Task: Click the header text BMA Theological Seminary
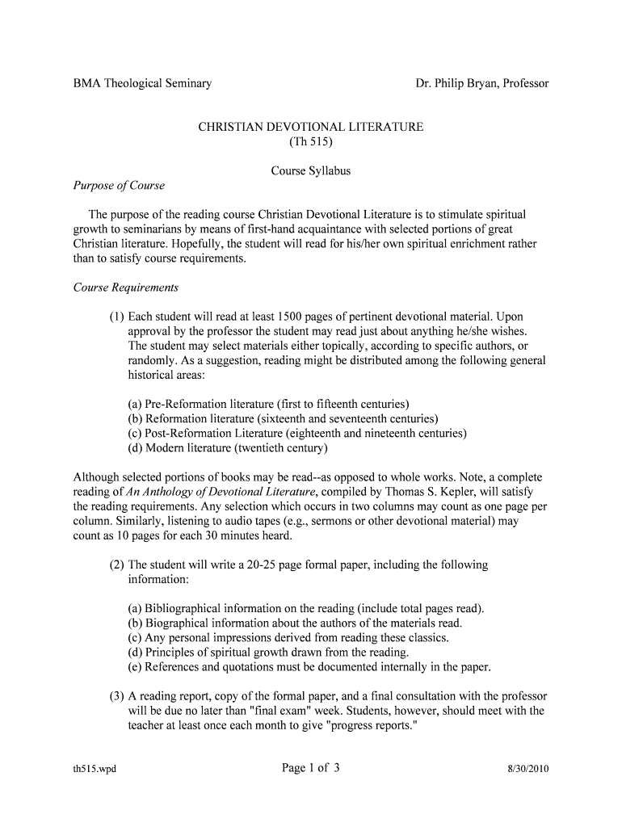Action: coord(142,83)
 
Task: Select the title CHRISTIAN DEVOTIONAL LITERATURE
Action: coord(311,128)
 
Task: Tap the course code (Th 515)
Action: coord(311,142)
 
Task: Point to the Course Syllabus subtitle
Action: coord(311,171)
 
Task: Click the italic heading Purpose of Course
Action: coord(119,186)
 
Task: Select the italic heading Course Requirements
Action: coord(126,288)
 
